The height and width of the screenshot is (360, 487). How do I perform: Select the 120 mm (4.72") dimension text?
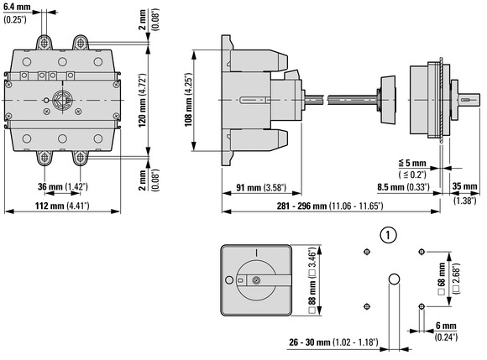pos(142,101)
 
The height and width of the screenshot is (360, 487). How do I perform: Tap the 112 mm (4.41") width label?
pos(62,206)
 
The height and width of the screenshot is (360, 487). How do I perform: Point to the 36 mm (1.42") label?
pos(63,186)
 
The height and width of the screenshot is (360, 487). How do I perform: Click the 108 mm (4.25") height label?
pos(189,100)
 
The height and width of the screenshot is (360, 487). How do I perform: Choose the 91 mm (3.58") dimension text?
pos(261,187)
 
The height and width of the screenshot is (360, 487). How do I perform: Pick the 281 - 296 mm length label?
pos(330,206)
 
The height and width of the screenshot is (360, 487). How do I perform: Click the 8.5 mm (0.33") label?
pos(403,187)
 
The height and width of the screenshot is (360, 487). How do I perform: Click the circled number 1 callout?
pos(388,235)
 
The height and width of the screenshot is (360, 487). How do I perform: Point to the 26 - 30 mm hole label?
pos(333,342)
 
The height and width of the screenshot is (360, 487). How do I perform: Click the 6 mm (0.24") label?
pos(446,331)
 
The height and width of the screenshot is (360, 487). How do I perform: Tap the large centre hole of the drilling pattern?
pos(394,279)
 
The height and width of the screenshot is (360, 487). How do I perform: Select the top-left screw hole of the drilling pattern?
pos(367,252)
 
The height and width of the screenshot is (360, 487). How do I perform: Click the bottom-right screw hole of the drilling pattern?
pos(422,306)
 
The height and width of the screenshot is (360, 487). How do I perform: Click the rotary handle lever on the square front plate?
pos(268,280)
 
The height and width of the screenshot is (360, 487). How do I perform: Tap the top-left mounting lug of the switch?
pos(45,43)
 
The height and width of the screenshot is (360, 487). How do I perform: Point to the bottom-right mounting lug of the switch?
pos(81,158)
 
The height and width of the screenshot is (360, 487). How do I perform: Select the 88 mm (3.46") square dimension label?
pos(312,280)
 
